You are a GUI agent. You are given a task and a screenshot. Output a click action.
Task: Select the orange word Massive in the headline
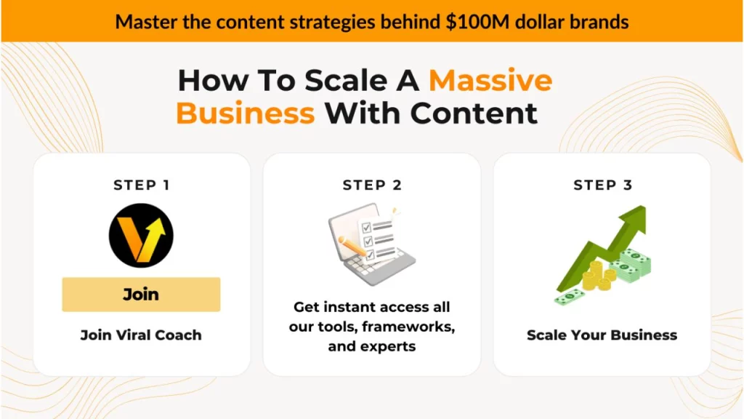[490, 80]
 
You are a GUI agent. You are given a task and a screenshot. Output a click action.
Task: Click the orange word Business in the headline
[246, 113]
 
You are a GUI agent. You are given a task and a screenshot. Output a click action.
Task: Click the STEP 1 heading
[141, 185]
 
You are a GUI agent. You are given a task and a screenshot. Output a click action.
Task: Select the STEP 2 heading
[372, 185]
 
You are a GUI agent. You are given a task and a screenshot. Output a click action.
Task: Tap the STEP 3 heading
[602, 185]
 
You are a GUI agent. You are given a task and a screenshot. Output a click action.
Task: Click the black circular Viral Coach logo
[141, 236]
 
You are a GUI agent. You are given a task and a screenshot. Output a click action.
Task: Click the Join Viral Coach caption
[141, 335]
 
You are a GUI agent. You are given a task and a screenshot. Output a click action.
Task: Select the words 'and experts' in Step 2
[372, 346]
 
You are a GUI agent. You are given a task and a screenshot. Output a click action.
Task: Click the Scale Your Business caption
[602, 335]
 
